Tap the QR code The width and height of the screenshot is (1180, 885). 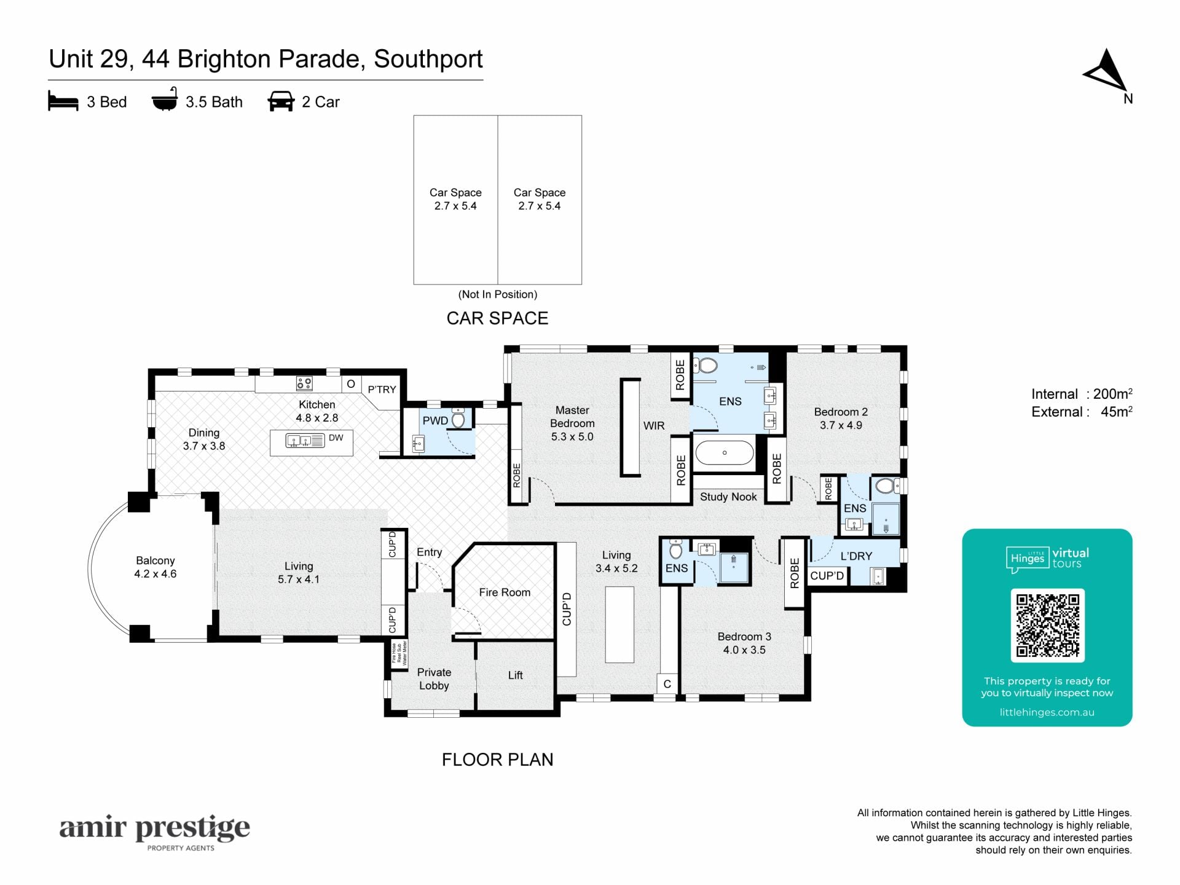click(1047, 625)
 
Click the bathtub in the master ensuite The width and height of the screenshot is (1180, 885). click(725, 453)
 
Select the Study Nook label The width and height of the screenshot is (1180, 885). click(728, 497)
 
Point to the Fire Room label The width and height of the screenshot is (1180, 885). click(505, 592)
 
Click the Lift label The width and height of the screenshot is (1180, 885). click(515, 675)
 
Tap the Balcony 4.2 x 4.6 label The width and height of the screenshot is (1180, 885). click(155, 567)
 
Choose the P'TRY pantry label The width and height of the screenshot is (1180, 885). click(382, 390)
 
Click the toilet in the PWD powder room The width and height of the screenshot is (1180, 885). click(458, 419)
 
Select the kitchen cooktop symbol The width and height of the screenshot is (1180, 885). click(304, 384)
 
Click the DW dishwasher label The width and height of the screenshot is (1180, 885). click(336, 438)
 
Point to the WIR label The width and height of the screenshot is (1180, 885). click(654, 425)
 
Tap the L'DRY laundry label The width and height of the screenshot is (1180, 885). click(856, 556)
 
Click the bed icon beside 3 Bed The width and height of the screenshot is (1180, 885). click(63, 101)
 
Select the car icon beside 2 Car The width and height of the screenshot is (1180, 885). click(281, 101)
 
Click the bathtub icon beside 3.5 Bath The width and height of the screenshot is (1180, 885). click(165, 100)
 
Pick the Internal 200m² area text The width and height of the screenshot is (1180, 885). click(1082, 394)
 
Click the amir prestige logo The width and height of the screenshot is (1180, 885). click(154, 832)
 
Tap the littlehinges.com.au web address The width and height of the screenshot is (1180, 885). click(1047, 712)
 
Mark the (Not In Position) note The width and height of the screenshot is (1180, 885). click(498, 294)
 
